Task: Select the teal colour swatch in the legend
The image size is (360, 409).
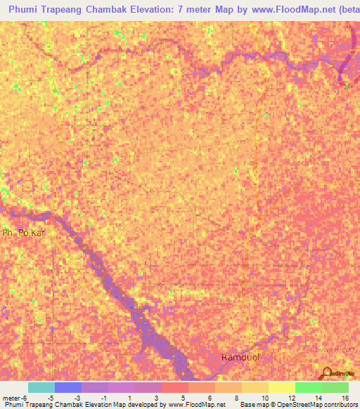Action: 41,387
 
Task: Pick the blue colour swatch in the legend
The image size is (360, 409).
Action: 67,387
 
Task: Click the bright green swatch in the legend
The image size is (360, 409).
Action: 308,387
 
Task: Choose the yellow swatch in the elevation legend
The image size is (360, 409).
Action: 255,387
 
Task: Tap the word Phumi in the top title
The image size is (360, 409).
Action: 25,10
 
